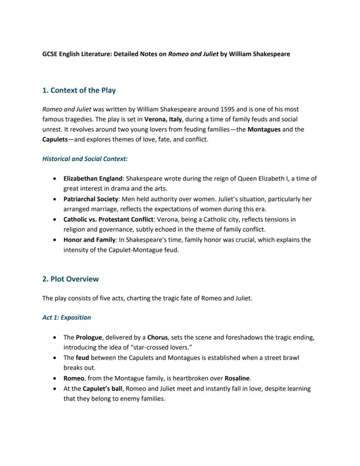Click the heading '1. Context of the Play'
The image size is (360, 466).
coord(79,91)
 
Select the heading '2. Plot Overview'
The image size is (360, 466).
coord(70,279)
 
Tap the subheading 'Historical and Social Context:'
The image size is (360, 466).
coord(85,159)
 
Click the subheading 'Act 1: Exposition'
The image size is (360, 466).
coord(67,317)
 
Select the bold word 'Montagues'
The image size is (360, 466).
coord(264,129)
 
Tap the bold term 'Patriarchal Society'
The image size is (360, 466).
coord(91,199)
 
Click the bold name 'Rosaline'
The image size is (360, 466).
coord(237,378)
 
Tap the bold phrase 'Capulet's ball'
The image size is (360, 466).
coord(103,389)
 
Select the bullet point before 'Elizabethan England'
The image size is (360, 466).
coord(54,179)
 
